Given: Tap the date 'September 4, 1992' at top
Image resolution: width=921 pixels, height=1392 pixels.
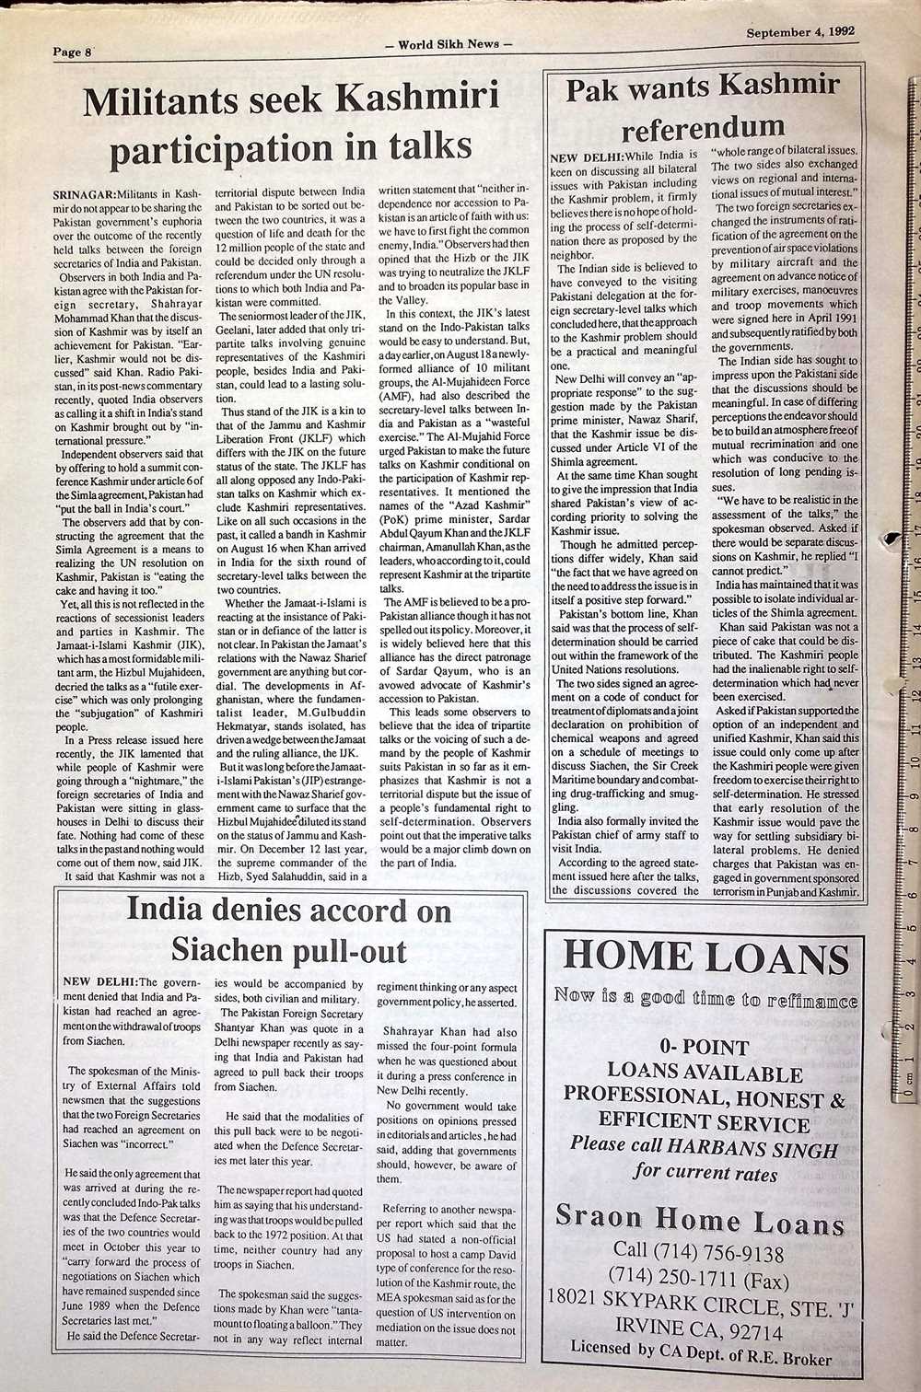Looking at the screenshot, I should [x=799, y=30].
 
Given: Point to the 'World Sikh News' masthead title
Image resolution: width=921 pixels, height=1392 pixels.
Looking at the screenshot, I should [x=448, y=43].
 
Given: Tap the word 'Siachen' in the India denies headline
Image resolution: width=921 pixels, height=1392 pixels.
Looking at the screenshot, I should [x=229, y=949].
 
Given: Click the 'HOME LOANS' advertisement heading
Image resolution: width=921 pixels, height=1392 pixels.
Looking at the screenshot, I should [x=705, y=957].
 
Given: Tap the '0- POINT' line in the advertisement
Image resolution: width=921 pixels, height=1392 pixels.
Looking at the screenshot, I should [x=705, y=1047].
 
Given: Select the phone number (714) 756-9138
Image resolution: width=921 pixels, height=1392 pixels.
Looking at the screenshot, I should [x=699, y=1253].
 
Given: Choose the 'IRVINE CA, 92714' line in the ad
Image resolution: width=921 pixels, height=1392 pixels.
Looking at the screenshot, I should [x=699, y=1330].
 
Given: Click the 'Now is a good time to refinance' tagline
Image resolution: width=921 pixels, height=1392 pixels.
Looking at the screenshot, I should [x=705, y=998].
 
